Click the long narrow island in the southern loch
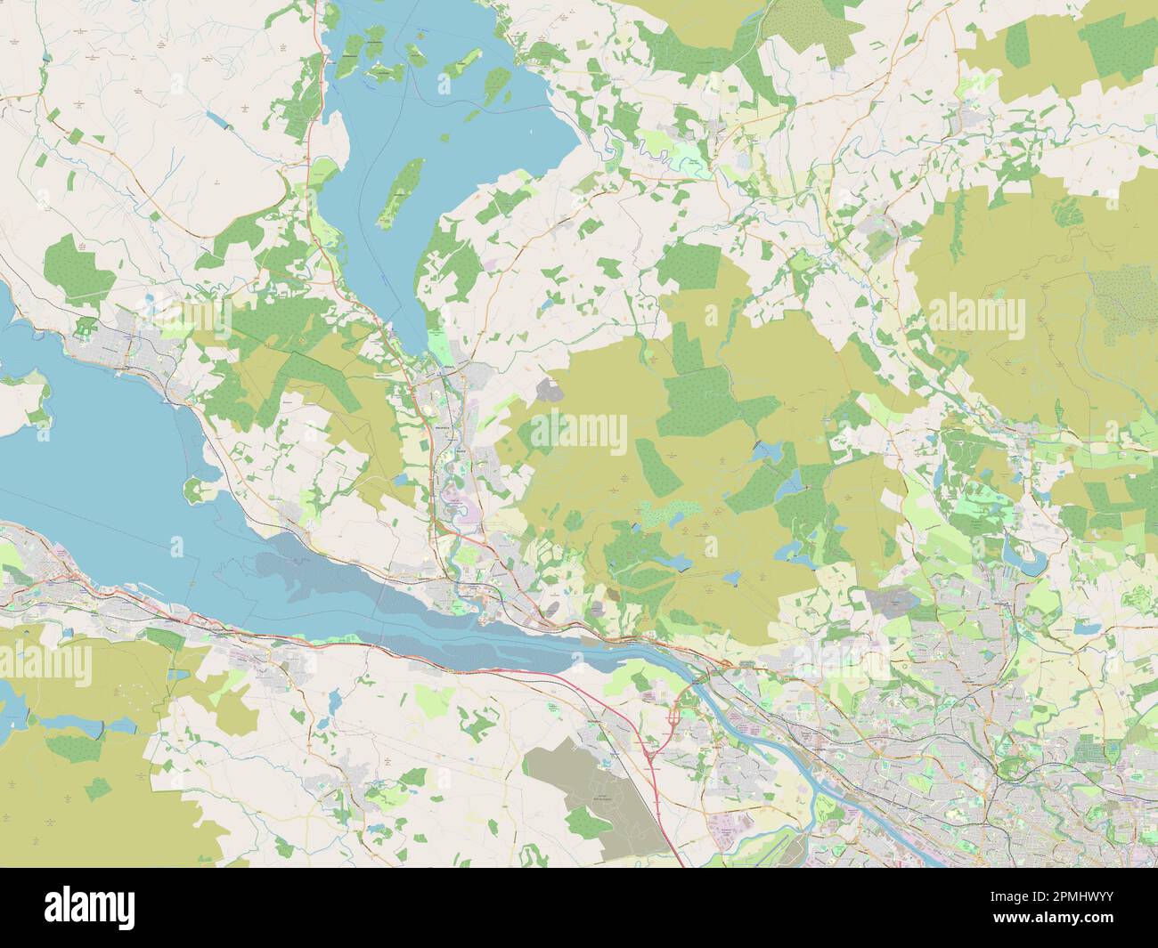coord(401,192)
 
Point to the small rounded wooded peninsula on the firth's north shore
coord(195,489)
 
